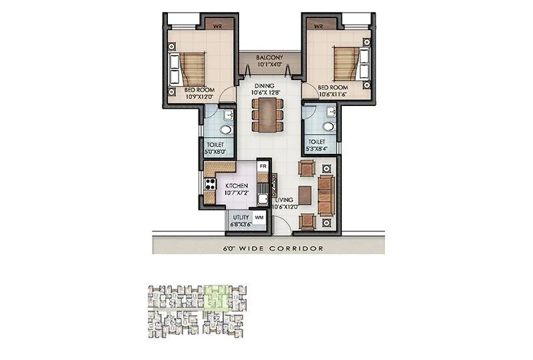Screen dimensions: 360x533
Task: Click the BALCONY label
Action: pos(266,59)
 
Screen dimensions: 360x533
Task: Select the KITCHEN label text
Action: pos(237,185)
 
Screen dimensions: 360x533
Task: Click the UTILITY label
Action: pos(241,217)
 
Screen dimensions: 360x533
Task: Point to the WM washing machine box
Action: pos(259,218)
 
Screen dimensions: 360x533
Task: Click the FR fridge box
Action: pos(263,165)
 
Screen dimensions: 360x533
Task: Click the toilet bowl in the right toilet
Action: pos(327,126)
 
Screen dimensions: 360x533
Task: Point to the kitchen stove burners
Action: pos(211,183)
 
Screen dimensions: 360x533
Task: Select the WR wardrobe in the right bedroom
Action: pos(318,26)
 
